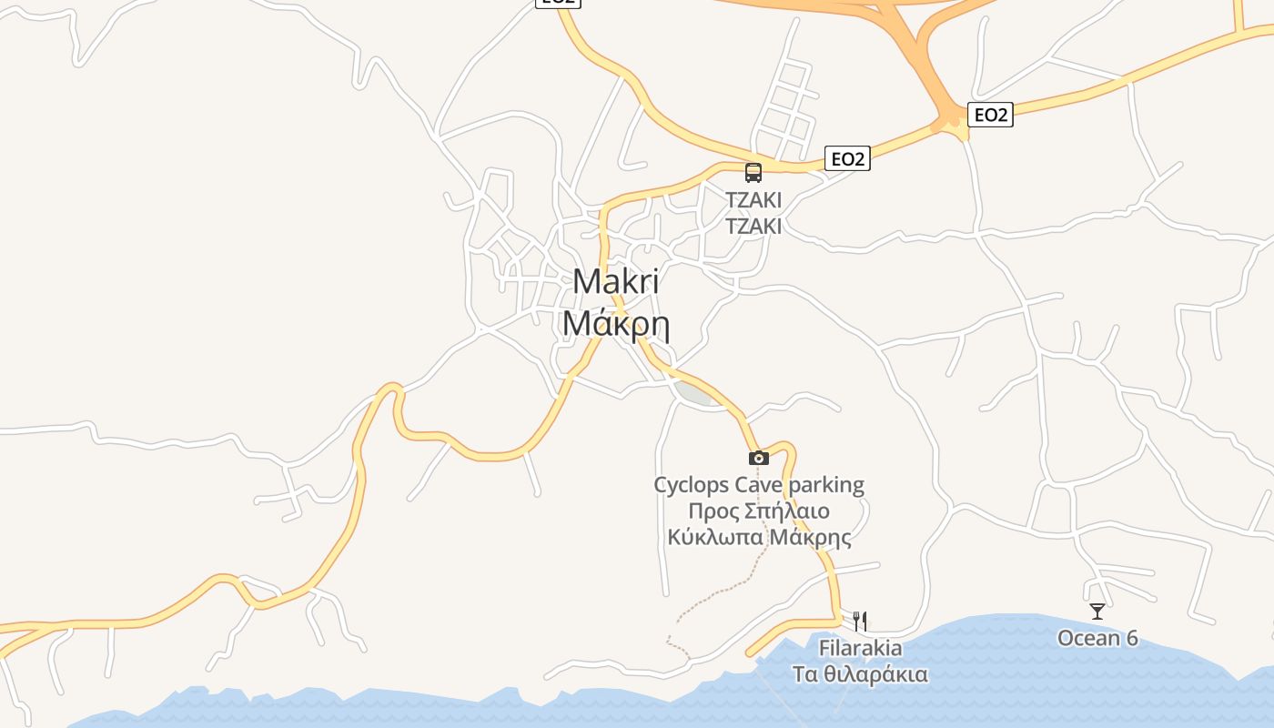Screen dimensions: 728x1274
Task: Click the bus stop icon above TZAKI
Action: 753,172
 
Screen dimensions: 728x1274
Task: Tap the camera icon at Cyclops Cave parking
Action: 758,458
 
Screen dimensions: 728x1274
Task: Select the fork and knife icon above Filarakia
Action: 860,621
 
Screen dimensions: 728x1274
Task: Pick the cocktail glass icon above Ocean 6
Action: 1097,612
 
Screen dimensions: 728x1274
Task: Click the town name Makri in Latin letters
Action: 616,282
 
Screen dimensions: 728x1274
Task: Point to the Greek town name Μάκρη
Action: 616,323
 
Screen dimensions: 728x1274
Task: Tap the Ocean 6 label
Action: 1097,638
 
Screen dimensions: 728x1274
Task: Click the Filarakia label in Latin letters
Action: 860,648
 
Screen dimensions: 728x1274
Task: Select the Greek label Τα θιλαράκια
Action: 860,674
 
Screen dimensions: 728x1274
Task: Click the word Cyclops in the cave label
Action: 691,485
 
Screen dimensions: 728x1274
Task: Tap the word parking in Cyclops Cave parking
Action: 826,485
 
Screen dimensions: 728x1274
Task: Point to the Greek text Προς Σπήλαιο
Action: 759,511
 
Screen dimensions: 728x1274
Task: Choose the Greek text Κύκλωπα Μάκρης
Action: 759,537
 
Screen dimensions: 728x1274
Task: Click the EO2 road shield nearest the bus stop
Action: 847,159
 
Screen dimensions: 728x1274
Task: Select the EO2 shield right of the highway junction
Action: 991,115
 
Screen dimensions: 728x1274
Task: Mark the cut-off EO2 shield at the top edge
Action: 557,3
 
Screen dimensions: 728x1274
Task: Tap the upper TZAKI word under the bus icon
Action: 753,199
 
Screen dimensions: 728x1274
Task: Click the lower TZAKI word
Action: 753,226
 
